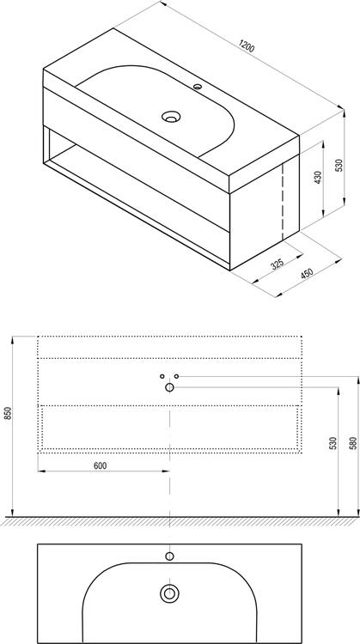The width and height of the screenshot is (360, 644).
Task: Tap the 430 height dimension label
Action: tap(317, 179)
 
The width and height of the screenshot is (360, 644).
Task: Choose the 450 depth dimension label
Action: tap(307, 274)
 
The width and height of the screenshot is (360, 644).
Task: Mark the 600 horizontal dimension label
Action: tap(101, 465)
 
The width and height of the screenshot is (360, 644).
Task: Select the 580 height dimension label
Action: tap(352, 445)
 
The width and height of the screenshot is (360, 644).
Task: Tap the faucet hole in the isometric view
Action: tap(198, 87)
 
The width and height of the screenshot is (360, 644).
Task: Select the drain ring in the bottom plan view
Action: tap(170, 592)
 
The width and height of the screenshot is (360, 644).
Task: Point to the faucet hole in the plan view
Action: tap(170, 556)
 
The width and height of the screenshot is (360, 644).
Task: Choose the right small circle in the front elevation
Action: tap(176, 377)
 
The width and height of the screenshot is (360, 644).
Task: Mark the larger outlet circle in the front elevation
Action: tap(169, 388)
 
